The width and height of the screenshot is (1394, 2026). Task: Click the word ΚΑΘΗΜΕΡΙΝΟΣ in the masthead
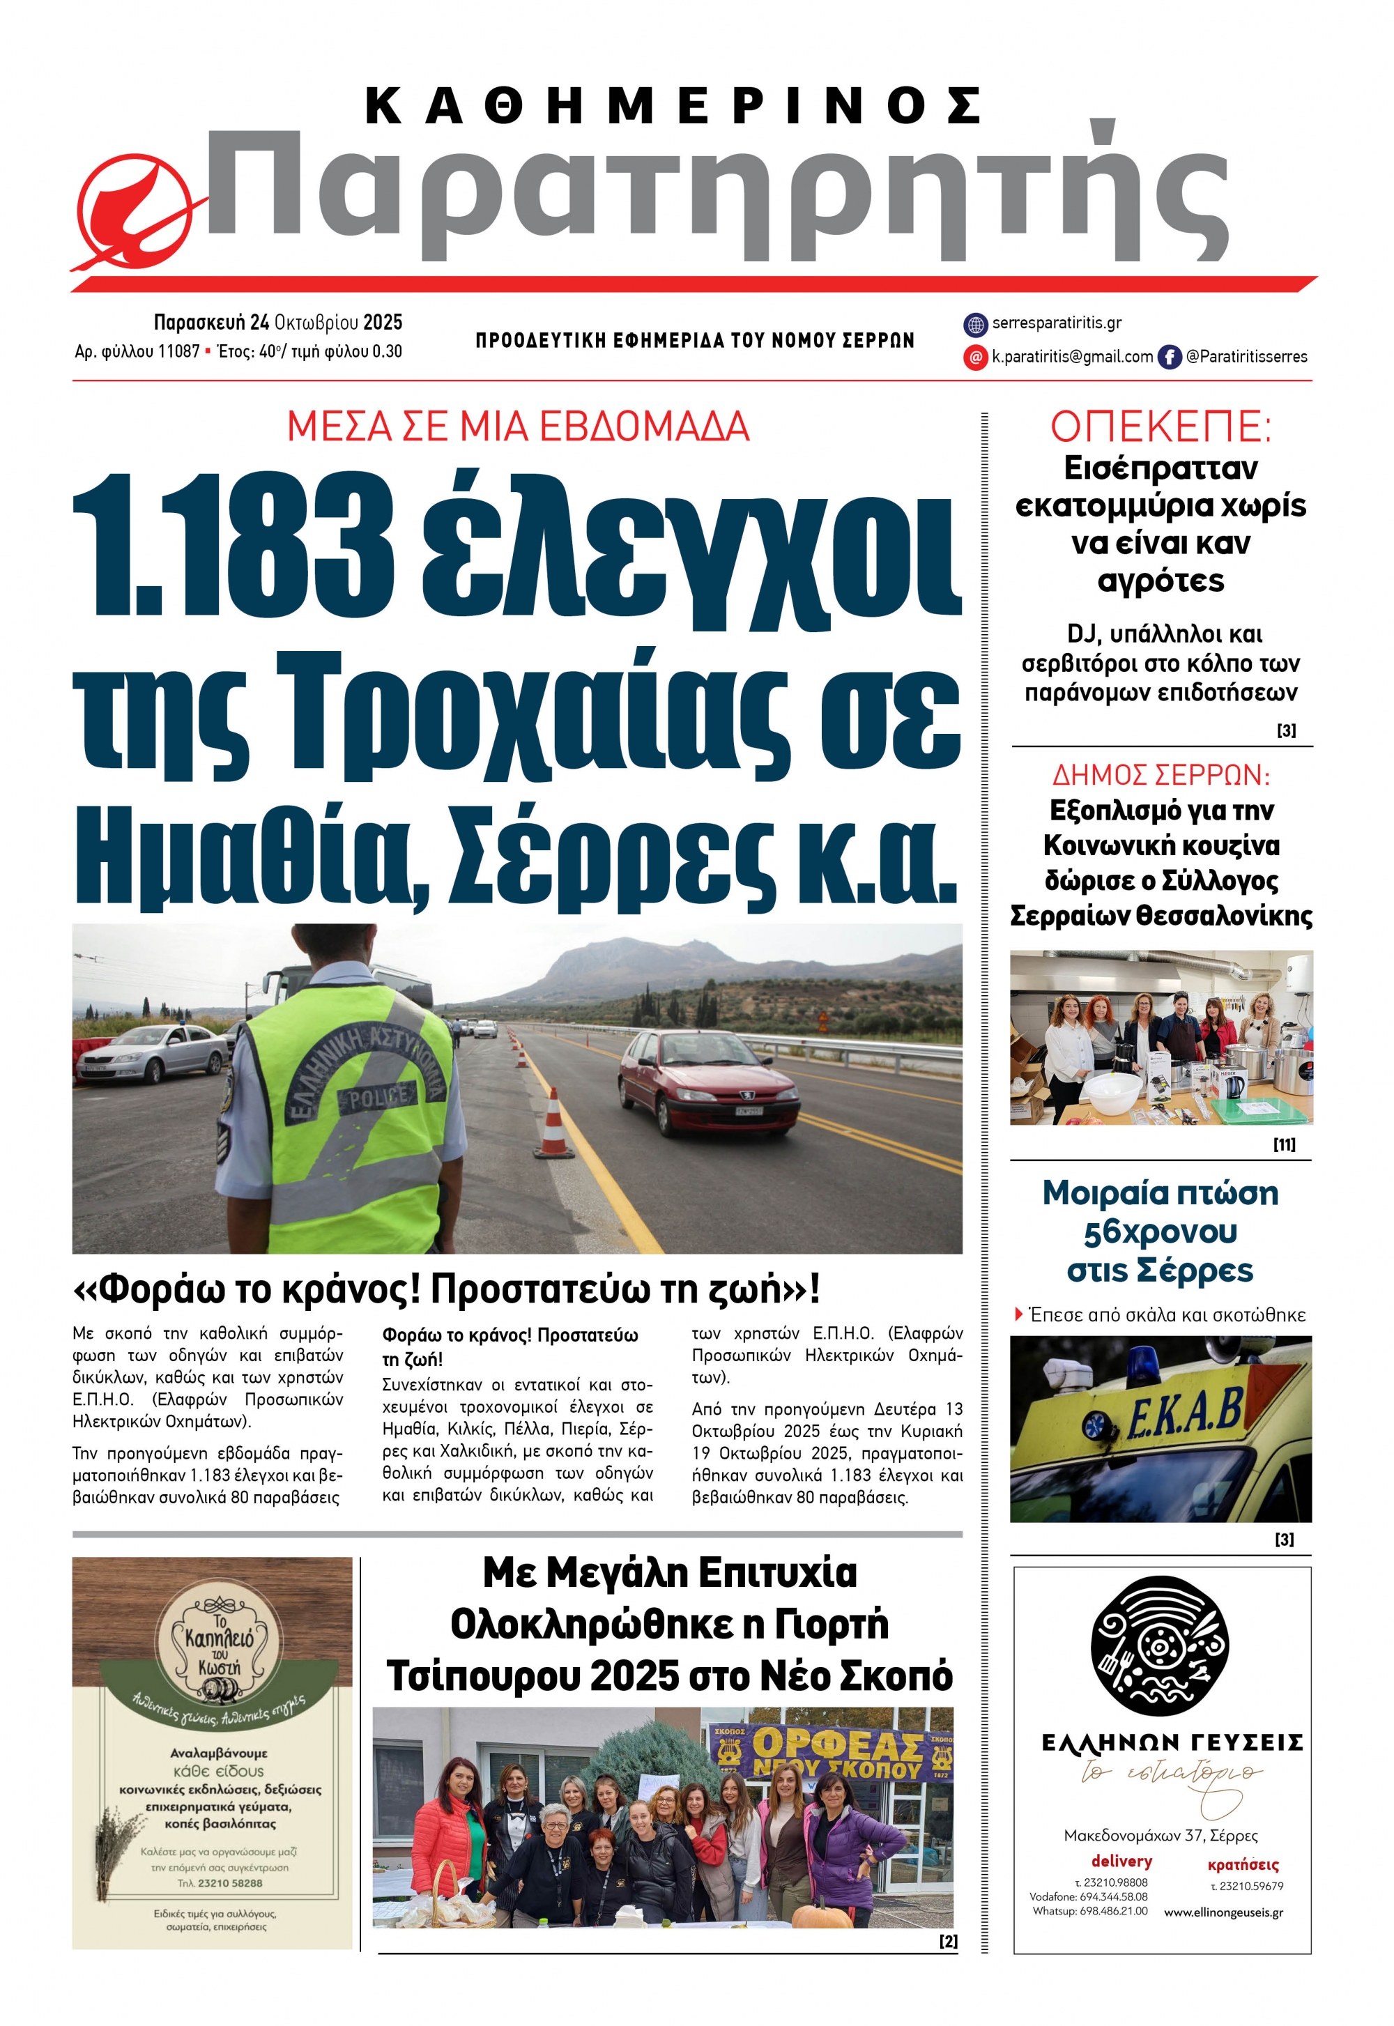(673, 107)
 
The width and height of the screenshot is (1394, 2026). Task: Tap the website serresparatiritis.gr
(1056, 323)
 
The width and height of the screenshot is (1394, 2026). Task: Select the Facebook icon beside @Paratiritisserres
(1169, 356)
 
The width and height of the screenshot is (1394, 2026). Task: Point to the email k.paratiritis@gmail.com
(1072, 356)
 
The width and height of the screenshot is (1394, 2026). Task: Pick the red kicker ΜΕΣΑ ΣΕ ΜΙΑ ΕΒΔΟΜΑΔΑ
(518, 427)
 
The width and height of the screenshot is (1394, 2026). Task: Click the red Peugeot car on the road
(707, 1083)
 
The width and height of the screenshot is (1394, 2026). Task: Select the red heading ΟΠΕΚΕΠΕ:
(1160, 427)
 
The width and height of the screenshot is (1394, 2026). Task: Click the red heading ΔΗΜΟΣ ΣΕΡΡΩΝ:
(1161, 774)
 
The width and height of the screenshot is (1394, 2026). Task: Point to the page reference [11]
(1284, 1144)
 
